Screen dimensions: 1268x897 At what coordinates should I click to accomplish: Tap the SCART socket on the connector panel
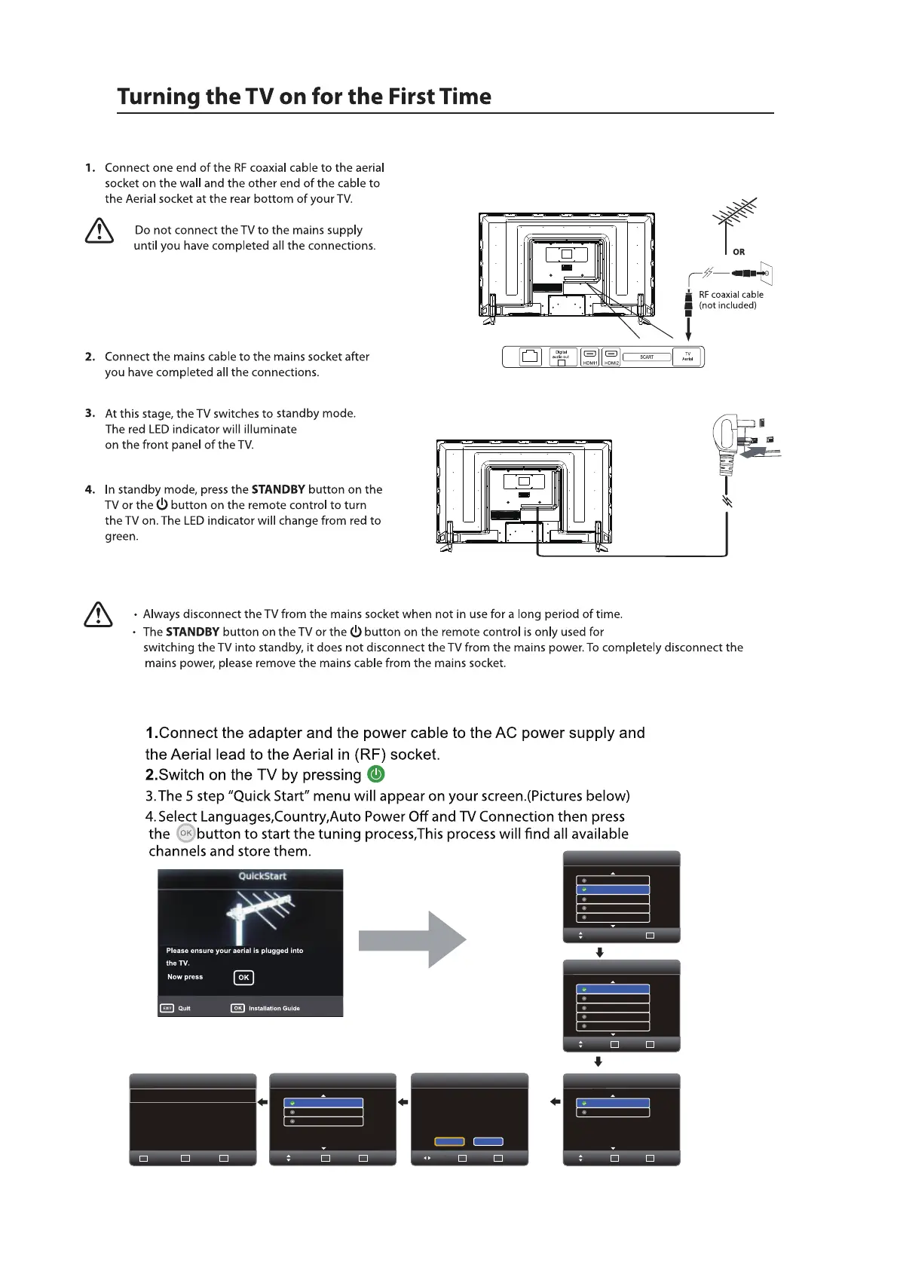tap(647, 357)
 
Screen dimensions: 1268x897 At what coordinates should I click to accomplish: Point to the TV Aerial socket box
tap(687, 357)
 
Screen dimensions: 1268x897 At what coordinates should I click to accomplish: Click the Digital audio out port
tap(562, 357)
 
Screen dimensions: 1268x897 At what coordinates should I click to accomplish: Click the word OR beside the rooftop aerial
tap(739, 252)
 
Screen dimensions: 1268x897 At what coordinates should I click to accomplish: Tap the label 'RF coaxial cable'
tap(730, 295)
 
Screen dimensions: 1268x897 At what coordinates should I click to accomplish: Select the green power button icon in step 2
tap(375, 774)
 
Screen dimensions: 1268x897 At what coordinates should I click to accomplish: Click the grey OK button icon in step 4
tap(185, 833)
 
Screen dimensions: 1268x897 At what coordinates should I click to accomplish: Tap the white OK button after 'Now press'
tap(243, 977)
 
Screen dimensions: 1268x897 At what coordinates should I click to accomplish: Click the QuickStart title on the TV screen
tap(262, 876)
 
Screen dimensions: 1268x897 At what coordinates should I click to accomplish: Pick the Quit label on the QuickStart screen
tap(184, 1008)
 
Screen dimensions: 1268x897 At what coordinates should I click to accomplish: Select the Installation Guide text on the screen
tap(274, 1008)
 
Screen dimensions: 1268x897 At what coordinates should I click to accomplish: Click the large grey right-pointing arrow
tap(412, 939)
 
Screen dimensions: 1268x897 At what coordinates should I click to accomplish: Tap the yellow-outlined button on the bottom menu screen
tap(449, 1141)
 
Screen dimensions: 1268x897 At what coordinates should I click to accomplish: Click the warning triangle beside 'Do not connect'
tap(99, 231)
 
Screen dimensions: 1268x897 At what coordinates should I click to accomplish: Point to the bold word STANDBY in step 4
tap(278, 489)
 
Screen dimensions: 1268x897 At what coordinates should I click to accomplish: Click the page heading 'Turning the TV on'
tap(304, 96)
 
